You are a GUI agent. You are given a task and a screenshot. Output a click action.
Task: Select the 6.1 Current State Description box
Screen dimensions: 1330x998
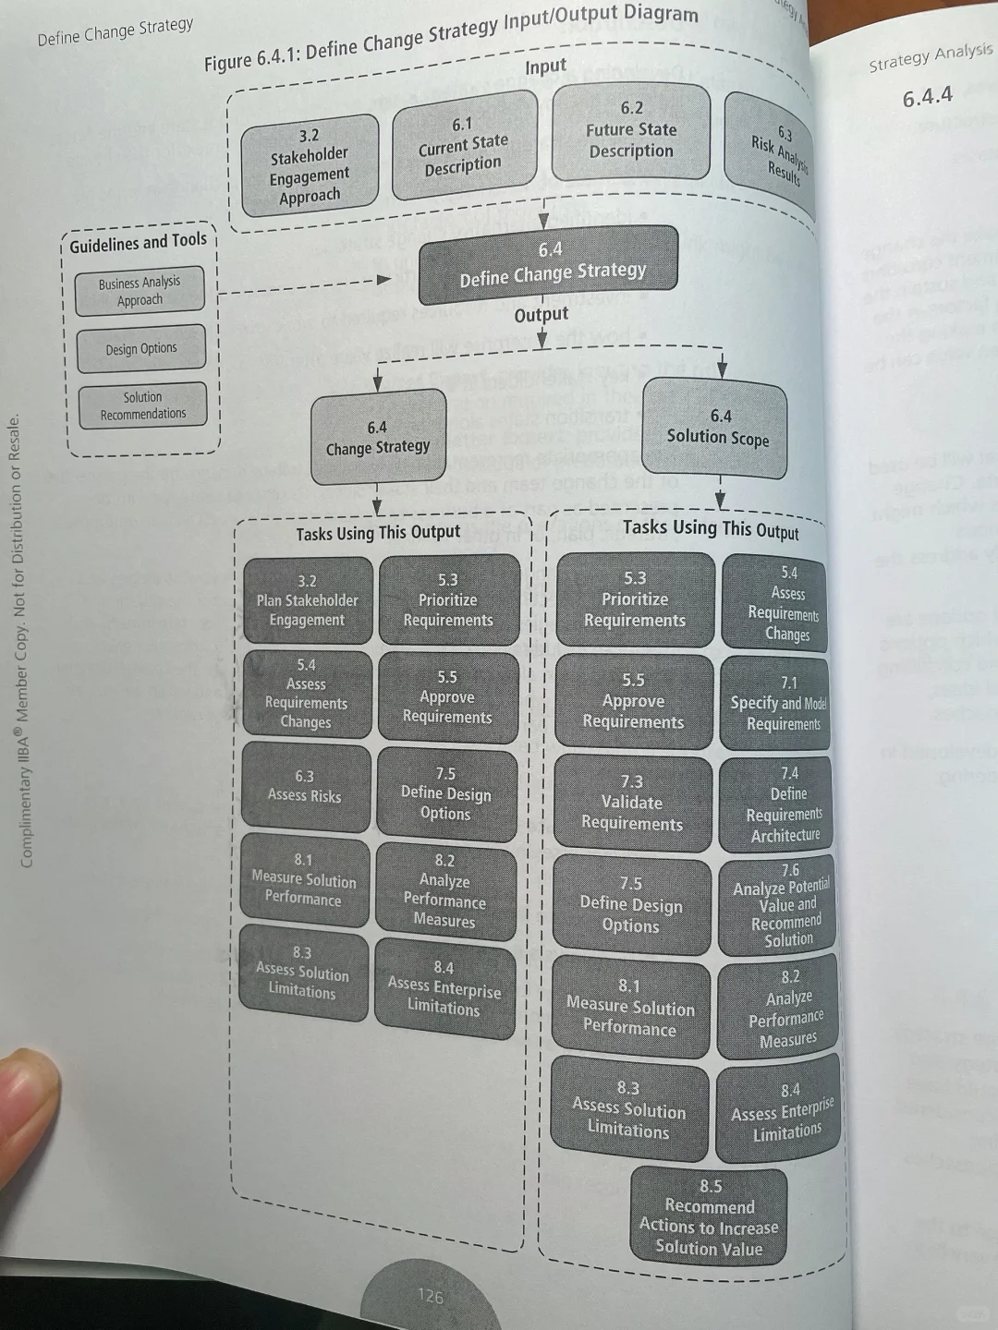click(464, 146)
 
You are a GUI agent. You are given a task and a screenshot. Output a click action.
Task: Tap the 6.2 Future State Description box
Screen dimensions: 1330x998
click(631, 131)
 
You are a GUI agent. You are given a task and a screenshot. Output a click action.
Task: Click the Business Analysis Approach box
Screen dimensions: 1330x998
click(140, 292)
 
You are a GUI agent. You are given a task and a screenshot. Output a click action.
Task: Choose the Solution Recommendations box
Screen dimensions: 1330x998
click(142, 406)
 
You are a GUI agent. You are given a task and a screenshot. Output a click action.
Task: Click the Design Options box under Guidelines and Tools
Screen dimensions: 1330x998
click(140, 349)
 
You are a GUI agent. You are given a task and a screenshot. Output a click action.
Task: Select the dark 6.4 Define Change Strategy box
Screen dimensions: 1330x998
click(549, 264)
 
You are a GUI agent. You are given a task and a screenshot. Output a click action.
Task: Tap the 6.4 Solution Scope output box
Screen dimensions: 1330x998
click(718, 429)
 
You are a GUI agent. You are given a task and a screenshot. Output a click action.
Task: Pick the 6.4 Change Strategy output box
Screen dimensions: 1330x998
click(378, 438)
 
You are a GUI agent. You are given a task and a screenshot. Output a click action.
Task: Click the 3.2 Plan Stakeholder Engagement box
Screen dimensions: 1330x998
click(307, 600)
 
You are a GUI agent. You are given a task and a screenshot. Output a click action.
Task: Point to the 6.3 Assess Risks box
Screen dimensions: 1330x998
click(305, 787)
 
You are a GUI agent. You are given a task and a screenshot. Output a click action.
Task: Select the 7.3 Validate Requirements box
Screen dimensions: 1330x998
click(632, 803)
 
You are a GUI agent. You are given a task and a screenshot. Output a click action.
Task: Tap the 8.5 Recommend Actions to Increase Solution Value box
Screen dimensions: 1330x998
click(709, 1217)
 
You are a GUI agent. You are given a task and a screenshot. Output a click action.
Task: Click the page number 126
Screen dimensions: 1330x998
click(430, 1296)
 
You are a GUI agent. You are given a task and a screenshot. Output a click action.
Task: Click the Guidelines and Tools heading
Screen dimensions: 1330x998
click(139, 243)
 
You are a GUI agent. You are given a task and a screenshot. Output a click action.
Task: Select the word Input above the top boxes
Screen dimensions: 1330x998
click(545, 66)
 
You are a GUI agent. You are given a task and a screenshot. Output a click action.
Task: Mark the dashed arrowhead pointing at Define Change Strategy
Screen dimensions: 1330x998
click(383, 280)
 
